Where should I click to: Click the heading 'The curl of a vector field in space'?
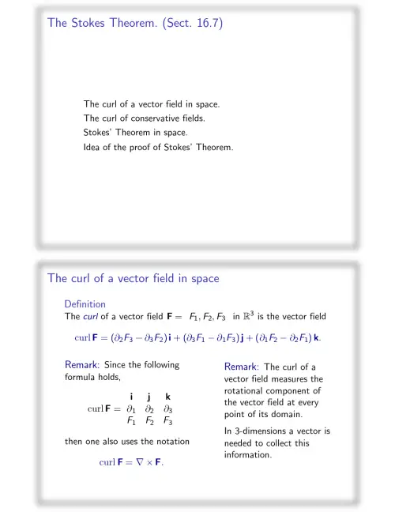point(132,278)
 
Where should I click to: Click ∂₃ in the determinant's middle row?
point(168,409)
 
